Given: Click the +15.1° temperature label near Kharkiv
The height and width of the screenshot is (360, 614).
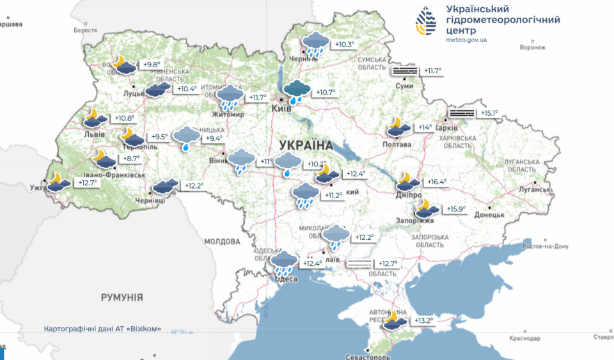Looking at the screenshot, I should coord(489,113).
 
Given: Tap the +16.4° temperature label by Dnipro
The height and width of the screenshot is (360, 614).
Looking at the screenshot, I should coord(437,182).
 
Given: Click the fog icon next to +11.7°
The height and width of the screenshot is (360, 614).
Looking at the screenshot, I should coord(404,70).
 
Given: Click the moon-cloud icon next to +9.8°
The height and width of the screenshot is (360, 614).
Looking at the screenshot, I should coord(123,64).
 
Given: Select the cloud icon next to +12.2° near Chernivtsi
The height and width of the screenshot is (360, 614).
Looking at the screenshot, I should coord(165,186).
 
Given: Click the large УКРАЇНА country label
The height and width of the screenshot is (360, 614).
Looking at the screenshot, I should coord(306,145).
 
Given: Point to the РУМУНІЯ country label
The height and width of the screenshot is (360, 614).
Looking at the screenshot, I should coord(122,297).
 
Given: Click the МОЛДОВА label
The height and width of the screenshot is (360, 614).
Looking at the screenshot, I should coord(222,242).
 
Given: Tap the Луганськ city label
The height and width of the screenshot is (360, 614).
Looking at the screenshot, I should coord(535,189).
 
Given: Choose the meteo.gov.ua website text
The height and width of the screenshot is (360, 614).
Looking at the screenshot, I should coord(467,40).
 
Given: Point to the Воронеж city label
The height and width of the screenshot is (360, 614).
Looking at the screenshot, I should coord(533,47).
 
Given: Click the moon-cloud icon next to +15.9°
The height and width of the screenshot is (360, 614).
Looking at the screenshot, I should coord(427,208).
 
